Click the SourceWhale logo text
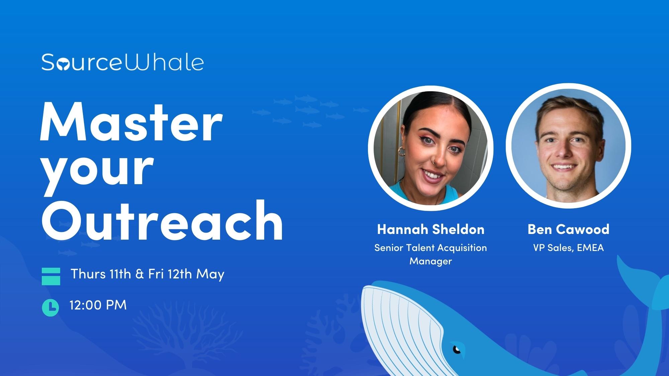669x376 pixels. tap(122, 62)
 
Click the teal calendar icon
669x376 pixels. tap(51, 276)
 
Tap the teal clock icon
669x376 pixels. tap(51, 307)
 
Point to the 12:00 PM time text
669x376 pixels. tap(98, 305)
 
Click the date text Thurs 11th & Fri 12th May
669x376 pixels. tap(147, 274)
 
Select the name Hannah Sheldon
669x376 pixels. tap(431, 229)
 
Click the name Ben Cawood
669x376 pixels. tap(568, 229)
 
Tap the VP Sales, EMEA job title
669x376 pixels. tap(568, 248)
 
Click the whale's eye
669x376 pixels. tap(457, 350)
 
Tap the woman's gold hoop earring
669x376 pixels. tap(401, 152)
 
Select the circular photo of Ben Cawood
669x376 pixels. tap(568, 146)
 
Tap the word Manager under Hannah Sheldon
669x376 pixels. tap(431, 261)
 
